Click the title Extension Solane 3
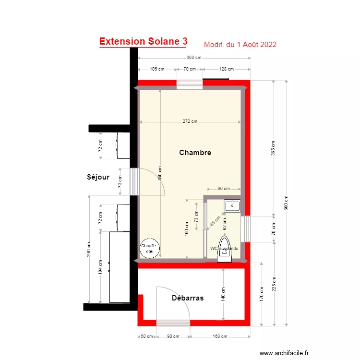(x=143, y=42)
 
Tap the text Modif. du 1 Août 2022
(x=240, y=45)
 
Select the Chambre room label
(x=195, y=153)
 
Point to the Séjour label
(x=98, y=177)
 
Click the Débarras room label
(x=188, y=298)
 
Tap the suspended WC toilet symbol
(x=224, y=249)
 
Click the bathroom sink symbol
(x=232, y=205)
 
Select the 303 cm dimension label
(x=194, y=58)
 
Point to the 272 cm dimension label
(x=190, y=121)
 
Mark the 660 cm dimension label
(x=287, y=204)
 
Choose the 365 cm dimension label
(x=273, y=148)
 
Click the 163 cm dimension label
(x=220, y=336)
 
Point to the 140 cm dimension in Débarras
(x=224, y=294)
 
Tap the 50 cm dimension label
(x=146, y=336)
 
